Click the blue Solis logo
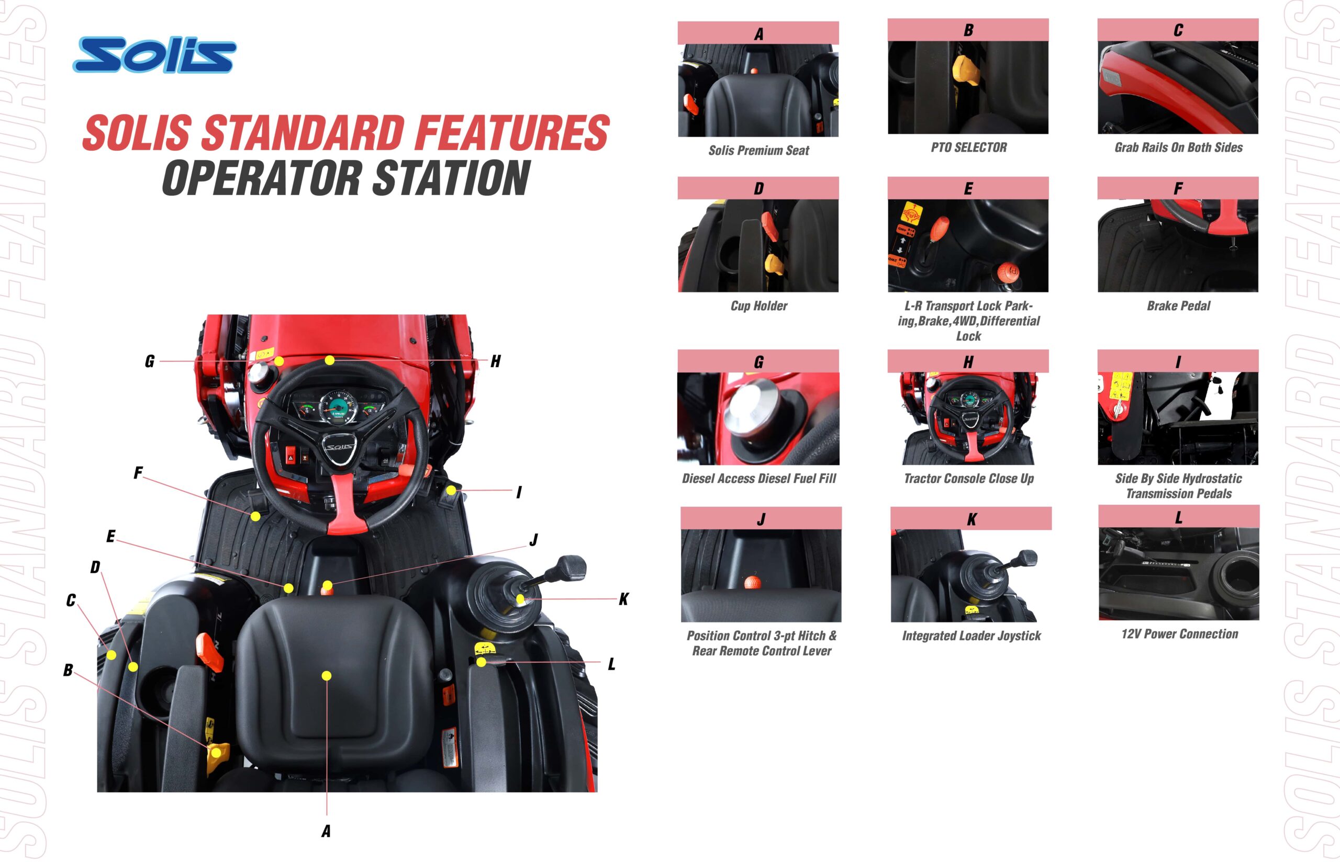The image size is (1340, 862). coord(154,55)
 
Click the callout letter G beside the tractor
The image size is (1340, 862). coord(150,361)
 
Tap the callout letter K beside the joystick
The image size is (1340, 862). coord(624,599)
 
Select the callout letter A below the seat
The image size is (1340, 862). coord(326,831)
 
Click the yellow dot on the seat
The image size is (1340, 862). coord(327,676)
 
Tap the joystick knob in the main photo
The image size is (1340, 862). coord(571,568)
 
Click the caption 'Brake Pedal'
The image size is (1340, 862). coord(1178,306)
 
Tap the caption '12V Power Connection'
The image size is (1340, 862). coord(1179,634)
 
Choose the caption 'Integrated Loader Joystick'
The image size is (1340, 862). coord(971,636)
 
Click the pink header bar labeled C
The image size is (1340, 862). coord(1178,30)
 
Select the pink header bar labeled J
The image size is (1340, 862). coord(761,518)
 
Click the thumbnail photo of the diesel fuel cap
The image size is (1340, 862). coord(758,418)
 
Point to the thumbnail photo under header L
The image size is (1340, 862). coord(1179,574)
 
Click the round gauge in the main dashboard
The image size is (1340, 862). coord(338,406)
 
